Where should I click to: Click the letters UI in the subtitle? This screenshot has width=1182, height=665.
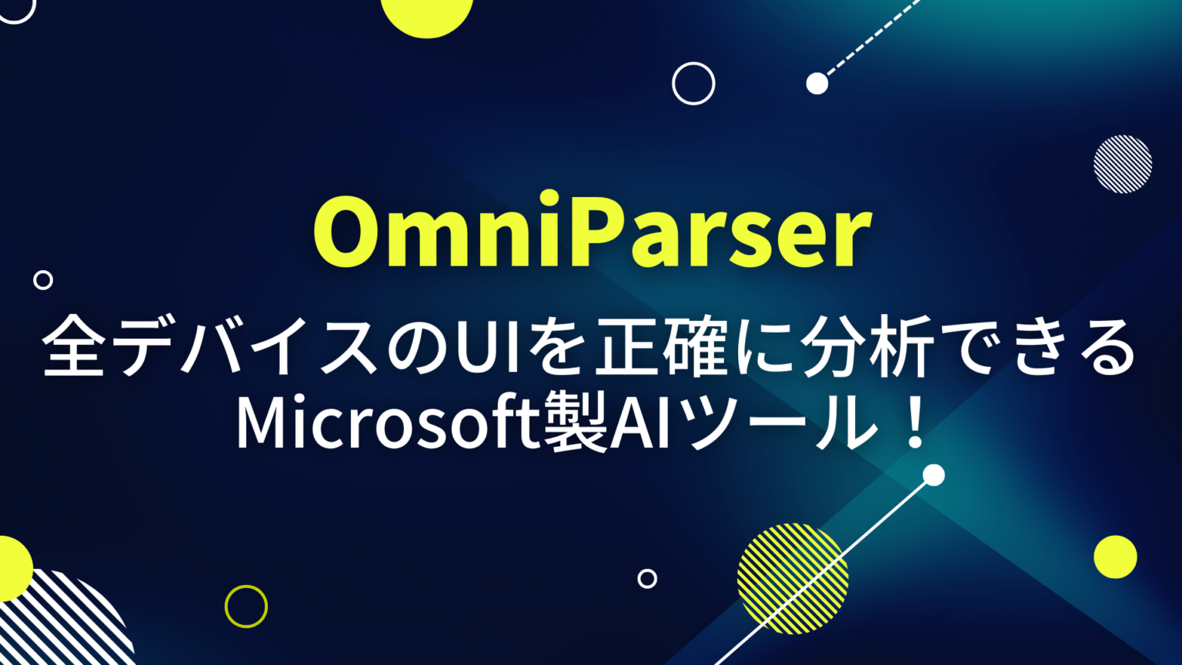click(x=481, y=350)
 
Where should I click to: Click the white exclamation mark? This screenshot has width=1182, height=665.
click(x=915, y=426)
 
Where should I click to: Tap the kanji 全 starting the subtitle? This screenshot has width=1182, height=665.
click(x=75, y=350)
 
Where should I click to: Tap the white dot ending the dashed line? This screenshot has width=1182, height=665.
click(x=817, y=83)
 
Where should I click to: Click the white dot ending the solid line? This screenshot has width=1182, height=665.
click(x=933, y=475)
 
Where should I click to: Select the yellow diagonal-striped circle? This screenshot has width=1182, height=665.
click(x=793, y=578)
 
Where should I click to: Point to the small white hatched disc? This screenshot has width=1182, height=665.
click(x=1123, y=164)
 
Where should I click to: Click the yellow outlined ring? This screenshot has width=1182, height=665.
click(x=246, y=607)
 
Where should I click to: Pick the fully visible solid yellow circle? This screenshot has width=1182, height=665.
click(x=1115, y=556)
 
